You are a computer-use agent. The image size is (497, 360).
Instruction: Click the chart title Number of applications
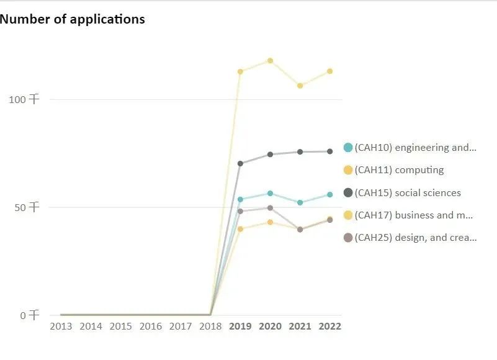tap(73, 19)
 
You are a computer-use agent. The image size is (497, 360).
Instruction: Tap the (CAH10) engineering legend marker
tap(348, 148)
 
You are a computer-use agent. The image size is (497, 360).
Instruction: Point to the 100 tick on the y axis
tap(25, 99)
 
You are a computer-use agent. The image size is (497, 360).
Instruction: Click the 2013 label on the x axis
tap(61, 326)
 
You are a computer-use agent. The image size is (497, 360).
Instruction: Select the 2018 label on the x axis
tap(210, 326)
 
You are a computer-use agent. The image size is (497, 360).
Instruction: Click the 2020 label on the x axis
tap(270, 326)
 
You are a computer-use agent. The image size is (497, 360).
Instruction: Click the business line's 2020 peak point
tap(270, 61)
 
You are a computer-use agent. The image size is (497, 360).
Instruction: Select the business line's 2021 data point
tap(300, 86)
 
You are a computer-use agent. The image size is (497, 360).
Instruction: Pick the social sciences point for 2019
tap(240, 164)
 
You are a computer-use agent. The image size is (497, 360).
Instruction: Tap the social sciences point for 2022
tap(330, 151)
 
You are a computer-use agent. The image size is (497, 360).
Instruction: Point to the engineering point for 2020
tap(270, 194)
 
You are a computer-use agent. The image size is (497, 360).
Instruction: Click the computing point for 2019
tap(240, 229)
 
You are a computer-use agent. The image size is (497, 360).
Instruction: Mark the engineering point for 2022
tap(330, 195)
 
